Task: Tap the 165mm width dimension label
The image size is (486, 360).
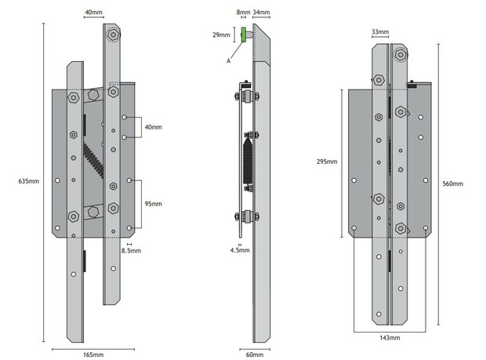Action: (x=92, y=355)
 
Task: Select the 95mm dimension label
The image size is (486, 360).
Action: (x=153, y=203)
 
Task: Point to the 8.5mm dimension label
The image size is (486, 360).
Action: (x=131, y=251)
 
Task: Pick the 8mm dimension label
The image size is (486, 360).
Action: (x=242, y=13)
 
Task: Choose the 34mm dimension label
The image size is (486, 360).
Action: (x=262, y=13)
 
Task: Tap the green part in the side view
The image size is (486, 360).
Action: (x=245, y=35)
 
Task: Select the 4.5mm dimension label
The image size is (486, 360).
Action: (x=241, y=251)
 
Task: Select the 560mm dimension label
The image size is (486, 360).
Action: (x=452, y=183)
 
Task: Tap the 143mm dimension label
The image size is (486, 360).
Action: (x=390, y=337)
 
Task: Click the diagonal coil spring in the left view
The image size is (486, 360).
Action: (x=93, y=162)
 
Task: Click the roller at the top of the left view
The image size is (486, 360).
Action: (x=115, y=35)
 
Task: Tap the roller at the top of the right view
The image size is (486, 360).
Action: (x=403, y=55)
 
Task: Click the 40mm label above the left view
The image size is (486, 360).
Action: (x=92, y=13)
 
